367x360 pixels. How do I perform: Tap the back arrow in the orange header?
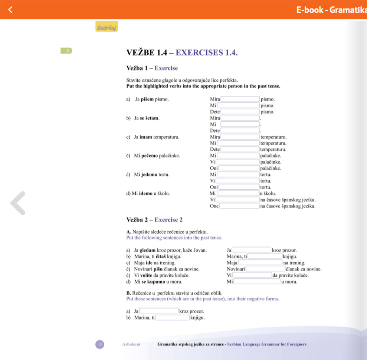10,10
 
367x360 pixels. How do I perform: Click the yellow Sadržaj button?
107,27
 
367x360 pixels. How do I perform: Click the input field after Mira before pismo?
240,99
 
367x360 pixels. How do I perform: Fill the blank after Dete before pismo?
240,111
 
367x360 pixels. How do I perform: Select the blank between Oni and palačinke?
240,168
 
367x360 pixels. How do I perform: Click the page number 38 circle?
100,344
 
